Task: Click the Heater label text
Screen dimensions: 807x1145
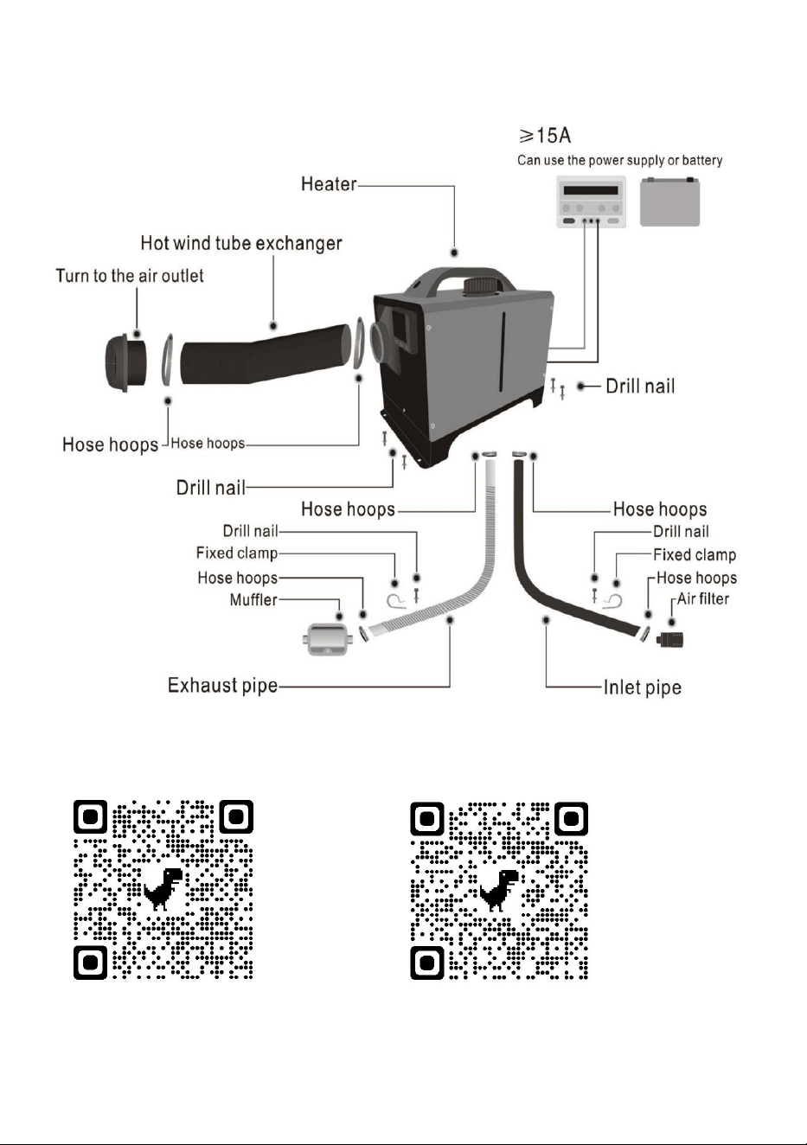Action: pyautogui.click(x=329, y=184)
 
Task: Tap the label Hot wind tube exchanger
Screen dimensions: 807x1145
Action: pyautogui.click(x=240, y=243)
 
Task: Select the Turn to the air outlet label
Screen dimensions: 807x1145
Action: pyautogui.click(x=130, y=276)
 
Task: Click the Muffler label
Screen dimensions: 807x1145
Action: pyautogui.click(x=253, y=599)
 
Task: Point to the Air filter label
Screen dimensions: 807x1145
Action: pyautogui.click(x=702, y=598)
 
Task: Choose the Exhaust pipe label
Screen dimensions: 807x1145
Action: pyautogui.click(x=222, y=686)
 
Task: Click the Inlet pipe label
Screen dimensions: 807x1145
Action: pyautogui.click(x=643, y=688)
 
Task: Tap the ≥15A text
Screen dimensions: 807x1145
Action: pyautogui.click(x=545, y=136)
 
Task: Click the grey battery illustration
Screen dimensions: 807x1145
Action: pyautogui.click(x=669, y=201)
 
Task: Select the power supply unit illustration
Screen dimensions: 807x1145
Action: pyautogui.click(x=591, y=201)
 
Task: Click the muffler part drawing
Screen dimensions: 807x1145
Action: pyautogui.click(x=327, y=638)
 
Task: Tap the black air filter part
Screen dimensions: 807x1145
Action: pyautogui.click(x=669, y=638)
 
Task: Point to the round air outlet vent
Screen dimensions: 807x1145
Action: pyautogui.click(x=125, y=361)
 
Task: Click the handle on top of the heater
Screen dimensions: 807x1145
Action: pyautogui.click(x=459, y=280)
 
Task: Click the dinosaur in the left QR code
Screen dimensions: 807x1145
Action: pyautogui.click(x=163, y=889)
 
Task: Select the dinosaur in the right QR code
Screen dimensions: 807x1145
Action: pyautogui.click(x=498, y=890)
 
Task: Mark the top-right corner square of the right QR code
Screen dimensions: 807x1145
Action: pyautogui.click(x=571, y=818)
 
